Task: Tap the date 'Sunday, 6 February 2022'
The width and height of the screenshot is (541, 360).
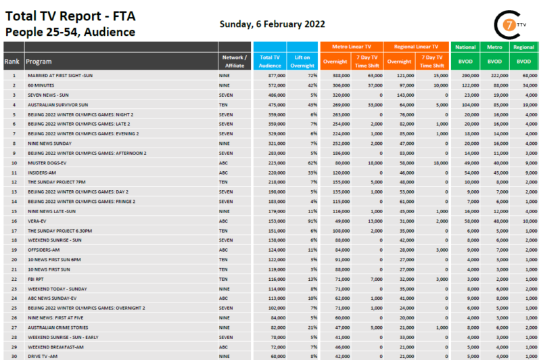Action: [272, 24]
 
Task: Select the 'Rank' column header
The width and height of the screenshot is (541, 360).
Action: [12, 62]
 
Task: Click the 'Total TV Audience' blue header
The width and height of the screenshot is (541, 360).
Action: [270, 62]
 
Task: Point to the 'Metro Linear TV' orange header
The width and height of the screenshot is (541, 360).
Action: [352, 47]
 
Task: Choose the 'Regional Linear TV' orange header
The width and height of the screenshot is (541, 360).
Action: [415, 47]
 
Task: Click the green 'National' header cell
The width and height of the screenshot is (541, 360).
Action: [465, 47]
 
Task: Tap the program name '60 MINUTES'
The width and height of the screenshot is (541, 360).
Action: [40, 86]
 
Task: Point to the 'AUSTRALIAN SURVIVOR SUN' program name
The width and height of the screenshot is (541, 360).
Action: [57, 105]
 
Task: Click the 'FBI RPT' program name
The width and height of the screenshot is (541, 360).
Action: [36, 279]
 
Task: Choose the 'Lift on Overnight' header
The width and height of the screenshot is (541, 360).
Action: [302, 62]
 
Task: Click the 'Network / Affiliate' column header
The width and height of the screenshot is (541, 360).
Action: [235, 62]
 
